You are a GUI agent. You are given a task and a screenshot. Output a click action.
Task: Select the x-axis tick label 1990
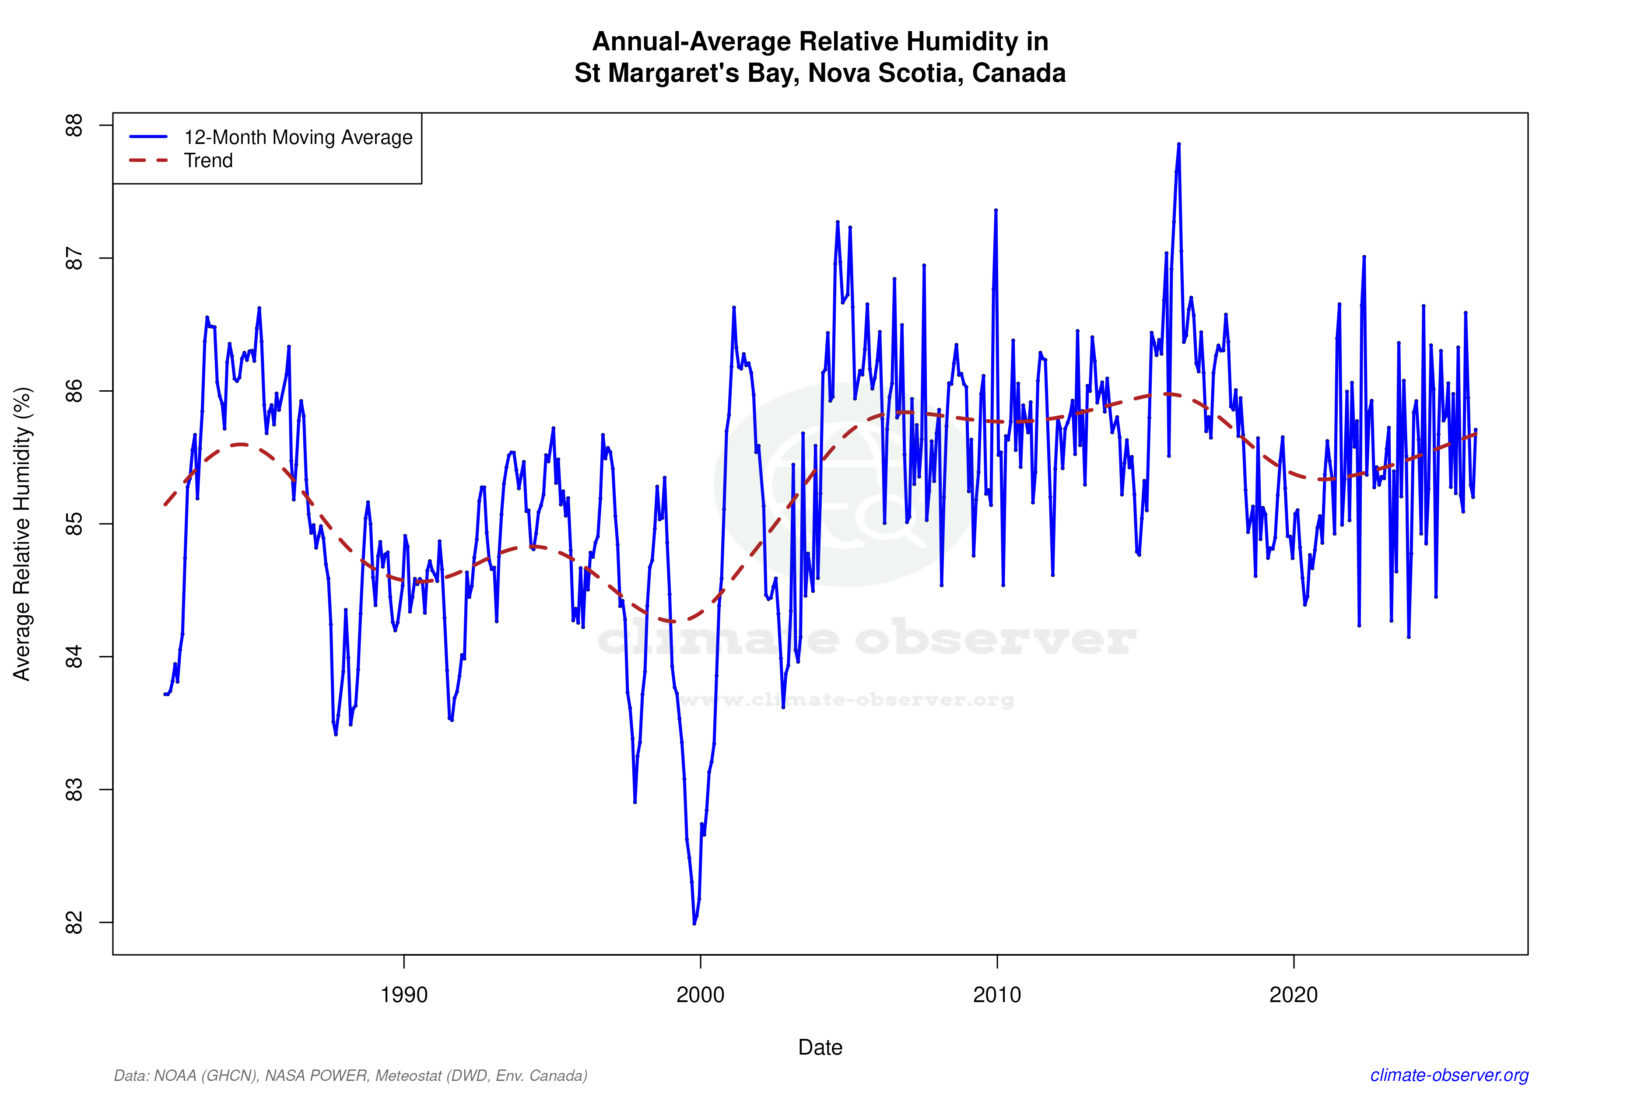(x=404, y=994)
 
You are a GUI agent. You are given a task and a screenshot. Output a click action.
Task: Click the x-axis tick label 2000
(x=701, y=994)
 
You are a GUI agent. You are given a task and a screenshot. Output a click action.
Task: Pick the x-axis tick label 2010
(x=997, y=994)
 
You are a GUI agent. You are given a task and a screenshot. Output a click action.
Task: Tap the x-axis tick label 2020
(x=1294, y=994)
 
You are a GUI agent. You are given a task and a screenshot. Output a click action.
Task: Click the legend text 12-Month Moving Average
(x=298, y=137)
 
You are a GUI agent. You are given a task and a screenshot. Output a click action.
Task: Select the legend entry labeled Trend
(x=208, y=161)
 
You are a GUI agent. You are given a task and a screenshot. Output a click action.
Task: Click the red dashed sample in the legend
(x=149, y=161)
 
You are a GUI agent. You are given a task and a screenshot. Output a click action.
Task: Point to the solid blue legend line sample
(x=149, y=137)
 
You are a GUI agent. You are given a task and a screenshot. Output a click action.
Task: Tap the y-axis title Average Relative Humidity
(x=22, y=534)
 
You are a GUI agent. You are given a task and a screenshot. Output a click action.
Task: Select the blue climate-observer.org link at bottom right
(x=1449, y=1075)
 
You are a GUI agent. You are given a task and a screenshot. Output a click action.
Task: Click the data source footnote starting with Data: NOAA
(x=350, y=1075)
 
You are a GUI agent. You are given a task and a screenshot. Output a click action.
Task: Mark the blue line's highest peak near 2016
(x=1178, y=144)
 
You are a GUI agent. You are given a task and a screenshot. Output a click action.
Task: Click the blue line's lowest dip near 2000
(x=694, y=923)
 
